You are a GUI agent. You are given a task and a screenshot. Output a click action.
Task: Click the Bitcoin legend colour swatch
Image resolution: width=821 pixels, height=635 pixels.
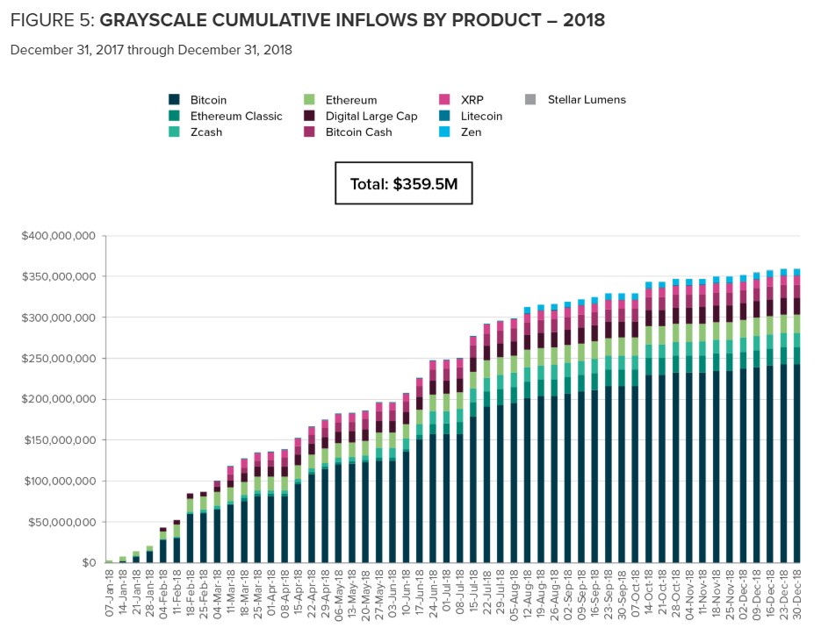click(x=175, y=99)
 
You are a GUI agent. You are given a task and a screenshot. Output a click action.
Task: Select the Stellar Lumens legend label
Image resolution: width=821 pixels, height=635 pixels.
click(x=587, y=99)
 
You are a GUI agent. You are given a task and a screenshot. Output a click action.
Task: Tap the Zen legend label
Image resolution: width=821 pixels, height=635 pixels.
click(x=471, y=132)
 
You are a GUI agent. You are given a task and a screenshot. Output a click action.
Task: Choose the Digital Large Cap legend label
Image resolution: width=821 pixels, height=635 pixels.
click(x=371, y=116)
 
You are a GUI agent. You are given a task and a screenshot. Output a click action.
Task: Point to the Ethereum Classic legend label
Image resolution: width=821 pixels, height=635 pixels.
click(x=236, y=116)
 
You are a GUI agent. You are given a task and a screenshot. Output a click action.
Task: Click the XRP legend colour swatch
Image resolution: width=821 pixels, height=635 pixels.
click(x=444, y=99)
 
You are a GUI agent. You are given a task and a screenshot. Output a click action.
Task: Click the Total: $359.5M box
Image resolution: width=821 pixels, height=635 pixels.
click(x=404, y=183)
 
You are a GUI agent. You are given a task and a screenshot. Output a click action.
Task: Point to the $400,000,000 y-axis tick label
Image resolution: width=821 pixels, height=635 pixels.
click(x=59, y=236)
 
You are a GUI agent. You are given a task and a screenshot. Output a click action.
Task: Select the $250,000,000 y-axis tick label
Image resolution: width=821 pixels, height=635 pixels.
click(x=59, y=359)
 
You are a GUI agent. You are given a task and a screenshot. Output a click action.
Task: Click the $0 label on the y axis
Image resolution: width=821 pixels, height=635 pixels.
click(x=89, y=563)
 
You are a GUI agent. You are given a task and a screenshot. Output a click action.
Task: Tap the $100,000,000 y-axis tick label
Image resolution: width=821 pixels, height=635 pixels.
click(x=60, y=482)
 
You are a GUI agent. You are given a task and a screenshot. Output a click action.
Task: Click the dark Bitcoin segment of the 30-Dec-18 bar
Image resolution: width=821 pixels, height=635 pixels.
click(x=797, y=463)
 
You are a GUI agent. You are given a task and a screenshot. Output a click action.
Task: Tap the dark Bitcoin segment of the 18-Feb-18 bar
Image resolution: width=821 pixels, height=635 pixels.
click(x=190, y=539)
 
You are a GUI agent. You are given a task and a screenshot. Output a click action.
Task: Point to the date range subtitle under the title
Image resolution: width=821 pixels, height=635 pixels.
click(x=151, y=50)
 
